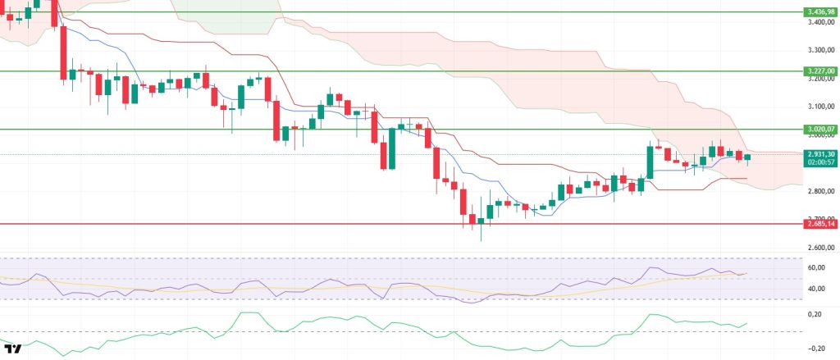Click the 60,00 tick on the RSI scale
point(815,268)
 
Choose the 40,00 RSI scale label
point(815,289)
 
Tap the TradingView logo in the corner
point(14,349)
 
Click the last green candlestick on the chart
point(747,157)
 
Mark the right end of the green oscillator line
point(747,323)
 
